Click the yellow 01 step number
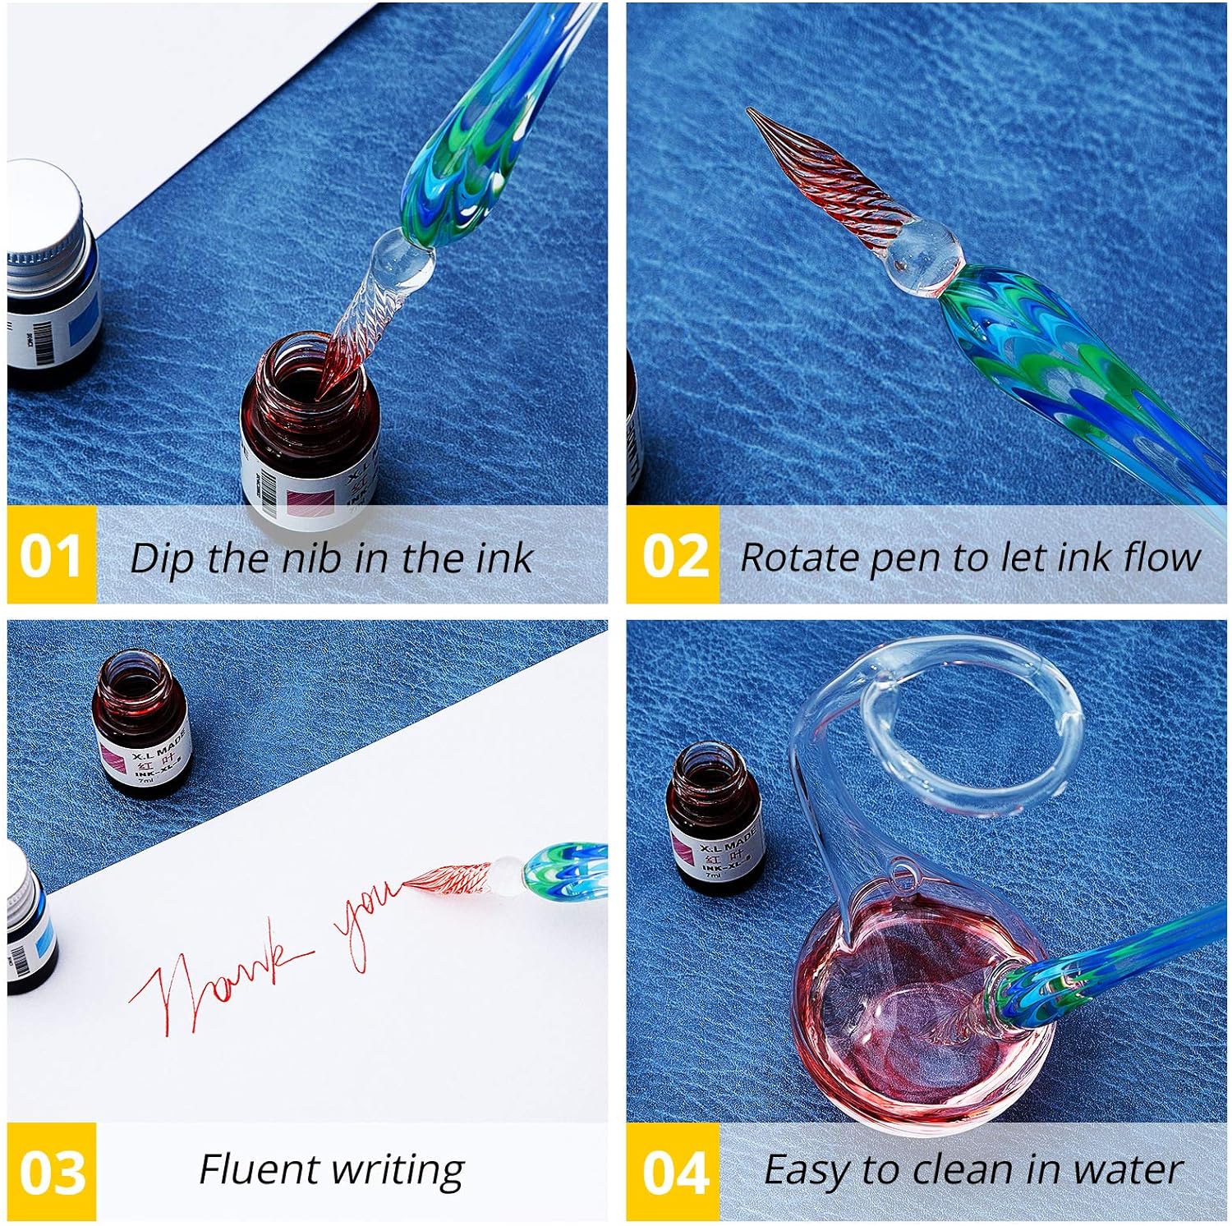pos(51,557)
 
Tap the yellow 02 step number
pos(673,557)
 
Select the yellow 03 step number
pos(51,1171)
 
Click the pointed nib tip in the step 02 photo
pos(752,112)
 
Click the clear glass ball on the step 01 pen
pos(402,259)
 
